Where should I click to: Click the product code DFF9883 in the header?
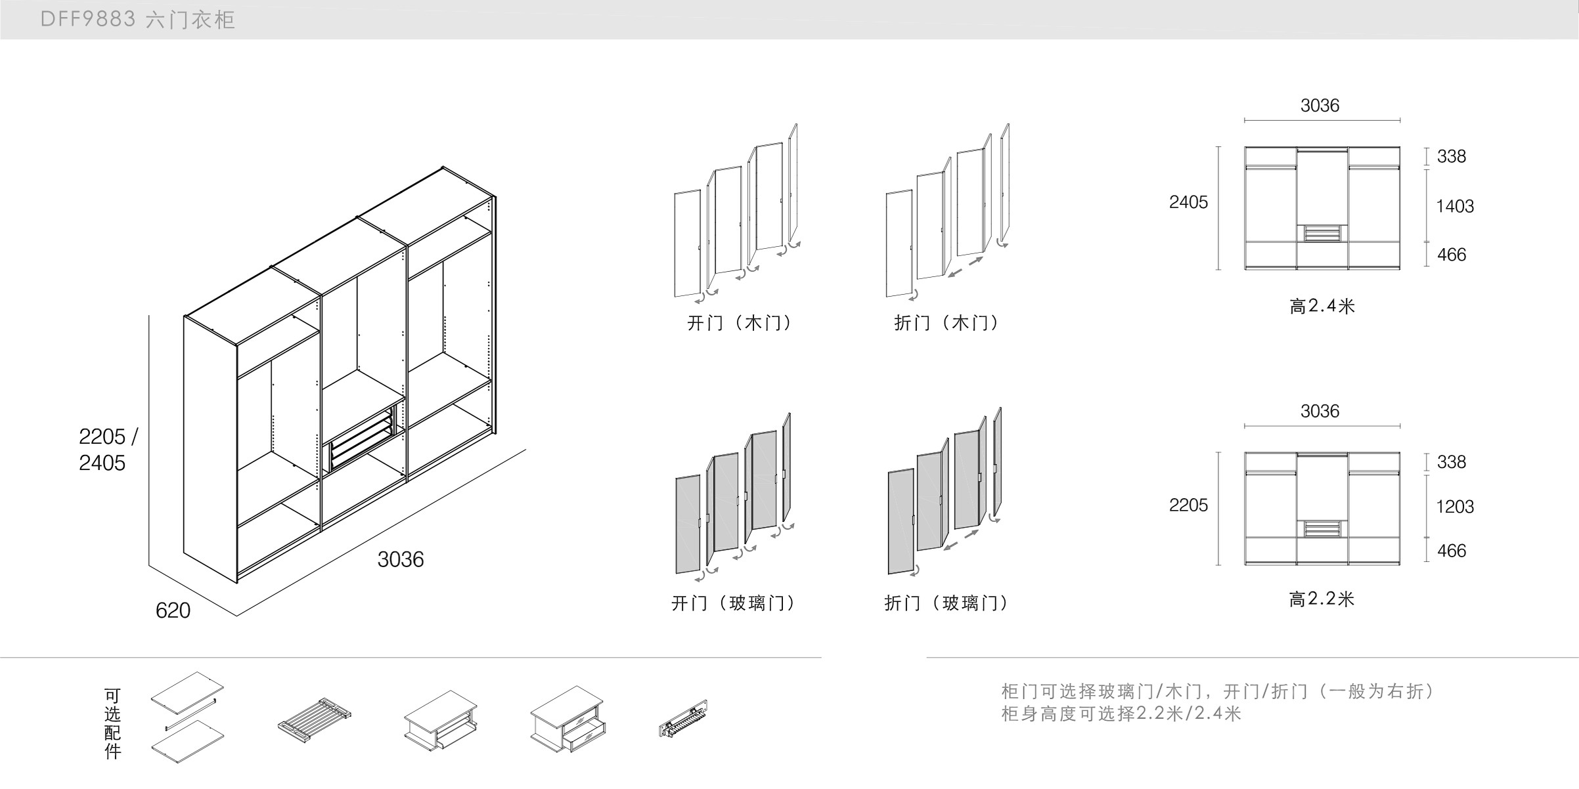coord(88,20)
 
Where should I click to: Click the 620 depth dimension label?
coord(173,610)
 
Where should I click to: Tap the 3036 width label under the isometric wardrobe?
coord(401,559)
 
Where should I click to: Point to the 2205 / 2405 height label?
coord(107,450)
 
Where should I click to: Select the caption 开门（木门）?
coord(739,323)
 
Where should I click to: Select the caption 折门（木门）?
coord(946,323)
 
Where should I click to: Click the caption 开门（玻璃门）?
coord(732,603)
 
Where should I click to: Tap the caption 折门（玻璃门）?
coord(946,603)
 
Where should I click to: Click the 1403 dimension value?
coord(1455,206)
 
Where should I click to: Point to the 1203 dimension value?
coord(1455,507)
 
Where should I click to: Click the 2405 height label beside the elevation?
coord(1188,202)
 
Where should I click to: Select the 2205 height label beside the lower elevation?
coord(1188,505)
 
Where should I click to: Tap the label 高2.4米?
coord(1322,306)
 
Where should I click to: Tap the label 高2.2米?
coord(1322,599)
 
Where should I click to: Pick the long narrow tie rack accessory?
coord(683,719)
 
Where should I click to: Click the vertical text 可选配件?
coord(113,723)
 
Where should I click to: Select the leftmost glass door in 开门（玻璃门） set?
coord(688,524)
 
